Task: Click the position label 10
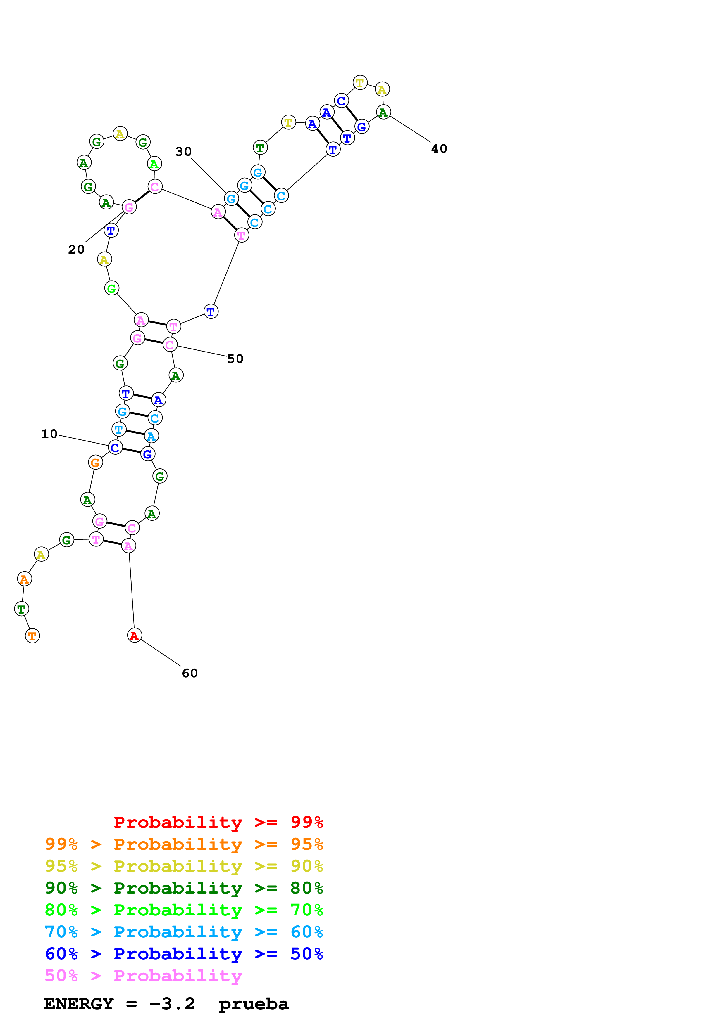[49, 434]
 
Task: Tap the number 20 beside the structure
[76, 249]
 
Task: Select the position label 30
[183, 151]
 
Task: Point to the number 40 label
[439, 149]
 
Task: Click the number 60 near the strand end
[190, 673]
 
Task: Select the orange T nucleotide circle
[32, 636]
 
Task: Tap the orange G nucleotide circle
[95, 463]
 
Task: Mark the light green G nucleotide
[112, 288]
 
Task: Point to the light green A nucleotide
[154, 164]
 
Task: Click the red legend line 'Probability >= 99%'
[218, 822]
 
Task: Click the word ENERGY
[79, 1004]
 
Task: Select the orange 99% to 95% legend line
[184, 844]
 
